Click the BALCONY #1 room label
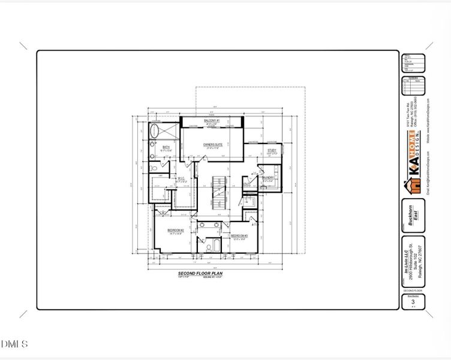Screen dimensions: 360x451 [x=212, y=121]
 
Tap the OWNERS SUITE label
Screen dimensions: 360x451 [x=213, y=145]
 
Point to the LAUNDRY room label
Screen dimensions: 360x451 [x=268, y=178]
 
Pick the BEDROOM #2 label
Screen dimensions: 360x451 [x=175, y=230]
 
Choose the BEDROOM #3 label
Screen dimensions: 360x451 [x=240, y=236]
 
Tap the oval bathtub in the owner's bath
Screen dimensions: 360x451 [x=155, y=130]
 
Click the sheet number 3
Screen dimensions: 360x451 [x=413, y=301]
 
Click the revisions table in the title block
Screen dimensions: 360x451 [x=413, y=86]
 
